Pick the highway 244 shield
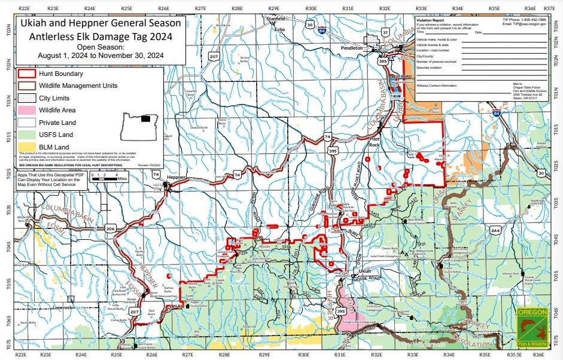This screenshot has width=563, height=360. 495,230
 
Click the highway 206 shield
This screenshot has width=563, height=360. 110,229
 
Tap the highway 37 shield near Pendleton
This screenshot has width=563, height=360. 385,31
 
